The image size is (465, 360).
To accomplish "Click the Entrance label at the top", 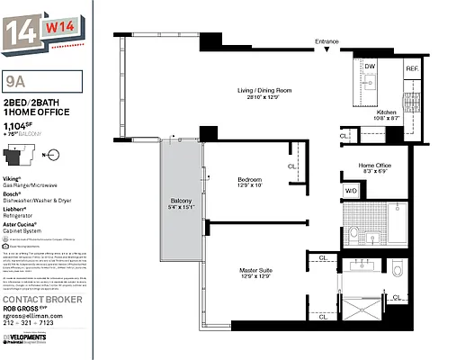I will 327,42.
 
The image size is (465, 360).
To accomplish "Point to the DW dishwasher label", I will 370,67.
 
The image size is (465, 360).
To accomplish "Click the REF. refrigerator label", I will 411,68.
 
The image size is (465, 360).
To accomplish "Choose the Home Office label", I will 374,166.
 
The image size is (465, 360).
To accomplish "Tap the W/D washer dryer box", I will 352,191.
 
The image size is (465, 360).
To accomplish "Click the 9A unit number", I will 16,81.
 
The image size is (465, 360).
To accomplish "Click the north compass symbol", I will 53,155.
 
